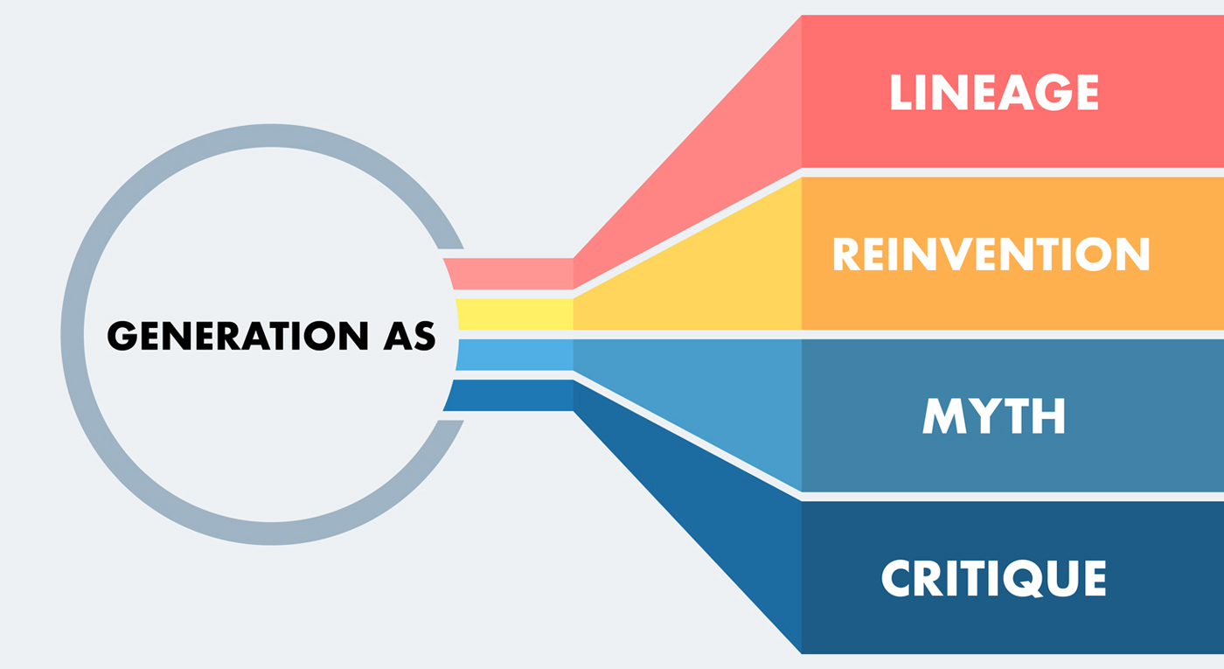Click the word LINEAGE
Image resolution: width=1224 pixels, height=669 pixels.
point(993,93)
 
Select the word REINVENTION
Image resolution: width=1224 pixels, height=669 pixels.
point(990,254)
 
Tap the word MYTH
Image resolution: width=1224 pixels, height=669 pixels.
point(994,416)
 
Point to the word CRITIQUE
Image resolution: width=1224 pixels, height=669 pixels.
point(993,578)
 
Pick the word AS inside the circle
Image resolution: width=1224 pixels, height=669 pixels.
point(407,336)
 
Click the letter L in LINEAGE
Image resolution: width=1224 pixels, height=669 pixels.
point(901,93)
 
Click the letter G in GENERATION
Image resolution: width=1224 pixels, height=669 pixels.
point(123,336)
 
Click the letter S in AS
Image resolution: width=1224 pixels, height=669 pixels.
point(423,336)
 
